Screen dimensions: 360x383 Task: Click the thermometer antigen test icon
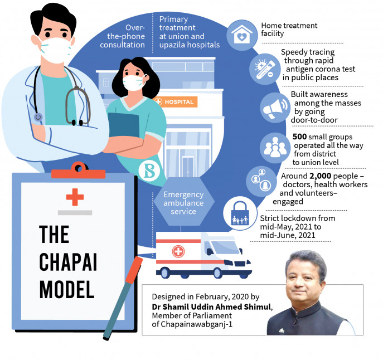tap(261, 70)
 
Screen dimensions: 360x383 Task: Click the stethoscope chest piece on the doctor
tap(38, 118)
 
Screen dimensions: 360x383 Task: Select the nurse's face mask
tap(134, 82)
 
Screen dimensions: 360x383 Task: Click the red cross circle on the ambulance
tap(178, 252)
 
